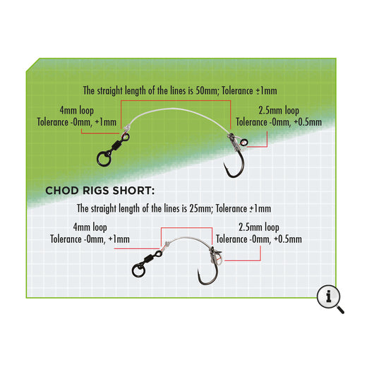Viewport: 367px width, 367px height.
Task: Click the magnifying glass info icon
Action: [x=329, y=298]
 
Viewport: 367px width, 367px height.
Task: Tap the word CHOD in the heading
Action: [x=62, y=191]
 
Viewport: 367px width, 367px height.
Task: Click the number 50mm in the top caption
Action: [x=207, y=91]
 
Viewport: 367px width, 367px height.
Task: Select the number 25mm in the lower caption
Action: [x=201, y=208]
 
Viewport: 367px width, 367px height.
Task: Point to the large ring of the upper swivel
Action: [x=104, y=159]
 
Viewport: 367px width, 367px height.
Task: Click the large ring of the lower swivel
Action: [x=138, y=270]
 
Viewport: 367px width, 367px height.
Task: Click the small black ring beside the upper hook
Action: [x=243, y=142]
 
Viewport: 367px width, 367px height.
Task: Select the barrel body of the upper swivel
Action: [x=117, y=145]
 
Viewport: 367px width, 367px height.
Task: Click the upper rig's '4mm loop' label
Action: [x=77, y=111]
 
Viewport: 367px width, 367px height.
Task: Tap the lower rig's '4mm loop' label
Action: [x=90, y=227]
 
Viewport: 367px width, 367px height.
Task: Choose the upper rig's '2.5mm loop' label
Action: [x=279, y=111]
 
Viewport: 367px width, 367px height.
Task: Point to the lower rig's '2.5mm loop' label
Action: [x=259, y=227]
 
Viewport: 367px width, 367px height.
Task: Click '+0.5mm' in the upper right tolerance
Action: [x=308, y=122]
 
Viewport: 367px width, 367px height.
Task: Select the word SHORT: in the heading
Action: [x=134, y=191]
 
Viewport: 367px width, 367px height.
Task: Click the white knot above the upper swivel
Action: [x=126, y=127]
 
